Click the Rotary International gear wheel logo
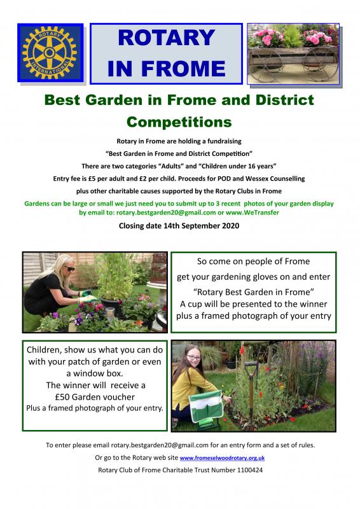[x=50, y=53]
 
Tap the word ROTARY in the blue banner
[x=166, y=38]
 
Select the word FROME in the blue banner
[x=183, y=69]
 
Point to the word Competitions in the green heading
[x=179, y=122]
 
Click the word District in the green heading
[x=285, y=100]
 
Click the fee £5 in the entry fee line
[x=92, y=179]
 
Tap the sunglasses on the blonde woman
[x=69, y=268]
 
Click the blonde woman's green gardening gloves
[x=87, y=296]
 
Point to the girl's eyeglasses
[x=193, y=358]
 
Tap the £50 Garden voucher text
[x=95, y=396]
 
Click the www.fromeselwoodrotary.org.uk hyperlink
[x=222, y=457]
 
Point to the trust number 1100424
[x=250, y=470]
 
